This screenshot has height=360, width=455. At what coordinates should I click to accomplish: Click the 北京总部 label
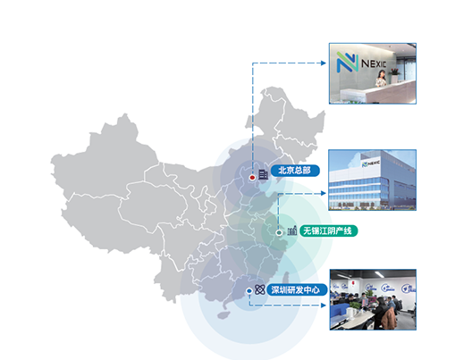pos(295,171)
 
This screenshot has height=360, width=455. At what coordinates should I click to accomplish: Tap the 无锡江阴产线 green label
pos(328,231)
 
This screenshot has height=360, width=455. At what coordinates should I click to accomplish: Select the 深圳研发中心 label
pos(297,290)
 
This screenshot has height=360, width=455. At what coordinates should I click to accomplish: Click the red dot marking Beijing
pos(252,178)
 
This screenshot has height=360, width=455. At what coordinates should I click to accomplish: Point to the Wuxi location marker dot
pos(279,232)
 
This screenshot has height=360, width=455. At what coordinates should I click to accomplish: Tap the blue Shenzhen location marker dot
pos(249,291)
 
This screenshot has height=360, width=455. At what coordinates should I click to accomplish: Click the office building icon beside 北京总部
pos(263,174)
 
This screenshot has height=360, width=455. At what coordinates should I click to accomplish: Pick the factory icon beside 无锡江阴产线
pos(292,230)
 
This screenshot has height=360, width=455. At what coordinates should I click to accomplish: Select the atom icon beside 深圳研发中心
pos(260,289)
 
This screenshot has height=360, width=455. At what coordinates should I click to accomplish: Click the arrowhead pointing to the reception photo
pos(324,63)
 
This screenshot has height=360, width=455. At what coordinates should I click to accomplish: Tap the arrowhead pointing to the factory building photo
pos(324,193)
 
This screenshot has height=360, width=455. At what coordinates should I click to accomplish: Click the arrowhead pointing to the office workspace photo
pos(324,306)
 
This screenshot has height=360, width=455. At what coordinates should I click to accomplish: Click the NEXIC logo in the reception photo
pos(361,63)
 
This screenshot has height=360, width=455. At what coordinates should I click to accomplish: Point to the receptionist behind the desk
pos(381,78)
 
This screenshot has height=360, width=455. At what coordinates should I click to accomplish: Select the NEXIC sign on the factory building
pos(371,163)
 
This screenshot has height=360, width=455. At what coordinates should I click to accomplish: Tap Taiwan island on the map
pos(286,278)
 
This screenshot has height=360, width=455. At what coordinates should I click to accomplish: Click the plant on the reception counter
pos(395,71)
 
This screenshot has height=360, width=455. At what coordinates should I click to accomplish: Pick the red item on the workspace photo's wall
pos(353,282)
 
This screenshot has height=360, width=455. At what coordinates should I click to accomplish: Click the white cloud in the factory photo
pos(355,160)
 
